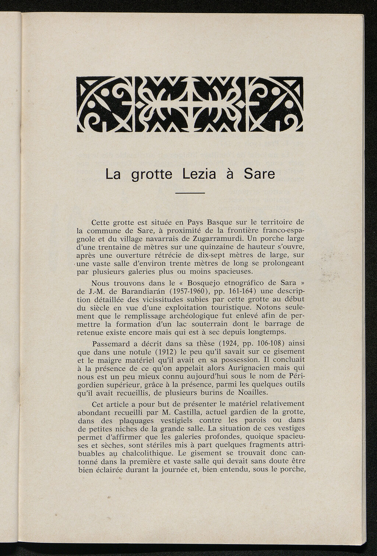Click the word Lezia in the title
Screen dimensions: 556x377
click(199, 173)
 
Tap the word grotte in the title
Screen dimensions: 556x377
click(152, 174)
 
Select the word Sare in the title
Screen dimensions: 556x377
click(259, 173)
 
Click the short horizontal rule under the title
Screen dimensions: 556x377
click(190, 193)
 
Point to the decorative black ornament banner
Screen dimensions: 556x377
click(190, 104)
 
